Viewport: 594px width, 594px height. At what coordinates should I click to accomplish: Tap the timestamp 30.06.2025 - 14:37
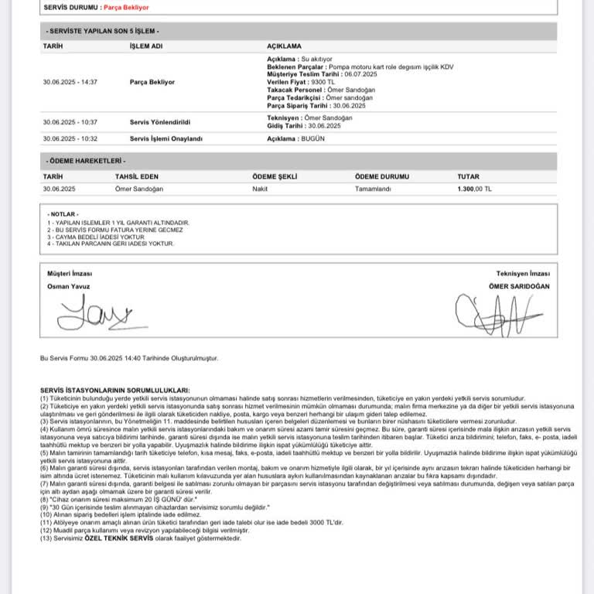coord(70,81)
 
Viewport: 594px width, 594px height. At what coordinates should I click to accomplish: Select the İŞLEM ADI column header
coord(146,46)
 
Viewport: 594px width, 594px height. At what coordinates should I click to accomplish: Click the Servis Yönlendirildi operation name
coord(160,121)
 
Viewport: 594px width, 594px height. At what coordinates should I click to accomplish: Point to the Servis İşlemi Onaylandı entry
coord(166,138)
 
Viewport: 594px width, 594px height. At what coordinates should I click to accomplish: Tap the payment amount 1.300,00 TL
coord(474,189)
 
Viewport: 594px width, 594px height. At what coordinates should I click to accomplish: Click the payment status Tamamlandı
coord(374,189)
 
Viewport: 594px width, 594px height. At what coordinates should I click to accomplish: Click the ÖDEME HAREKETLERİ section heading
coord(86,161)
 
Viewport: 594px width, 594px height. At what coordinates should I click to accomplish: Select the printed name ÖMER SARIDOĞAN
coord(519,286)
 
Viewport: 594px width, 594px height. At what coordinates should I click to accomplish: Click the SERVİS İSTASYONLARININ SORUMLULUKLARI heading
coord(114,391)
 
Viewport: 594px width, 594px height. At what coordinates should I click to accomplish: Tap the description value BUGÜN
coord(314,138)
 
